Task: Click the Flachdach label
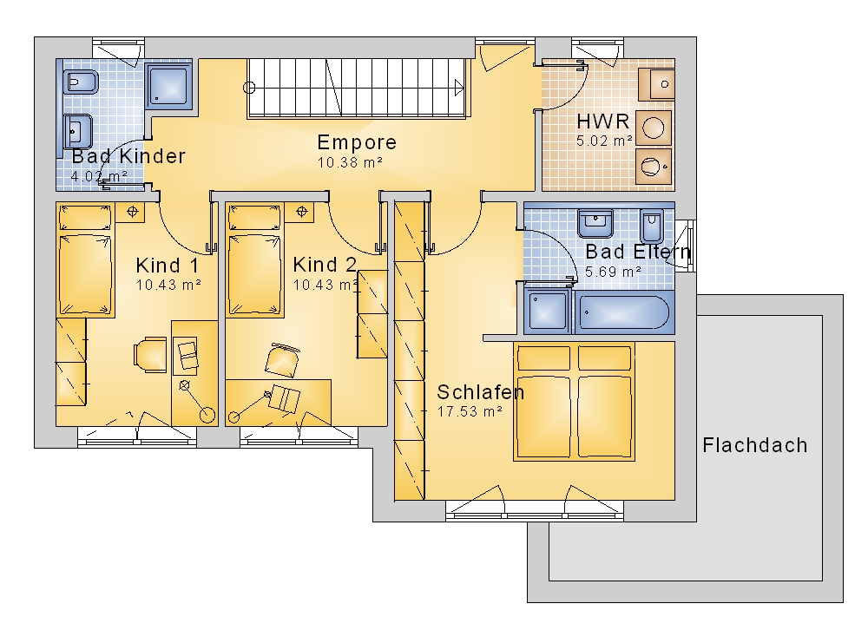pyautogui.click(x=754, y=446)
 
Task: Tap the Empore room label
pyautogui.click(x=357, y=143)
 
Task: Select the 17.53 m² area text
pyautogui.click(x=470, y=412)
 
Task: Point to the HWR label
pyautogui.click(x=603, y=121)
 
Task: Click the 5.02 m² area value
pyautogui.click(x=604, y=141)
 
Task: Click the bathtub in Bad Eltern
pyautogui.click(x=623, y=312)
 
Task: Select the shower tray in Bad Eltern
pyautogui.click(x=547, y=312)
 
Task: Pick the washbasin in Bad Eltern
pyautogui.click(x=595, y=224)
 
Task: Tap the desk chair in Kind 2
pyautogui.click(x=282, y=360)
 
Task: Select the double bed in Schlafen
pyautogui.click(x=574, y=402)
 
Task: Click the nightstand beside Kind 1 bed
pyautogui.click(x=132, y=212)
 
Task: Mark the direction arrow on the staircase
pyautogui.click(x=459, y=88)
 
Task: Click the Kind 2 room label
pyautogui.click(x=325, y=266)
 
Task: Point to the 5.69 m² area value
pyautogui.click(x=614, y=272)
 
